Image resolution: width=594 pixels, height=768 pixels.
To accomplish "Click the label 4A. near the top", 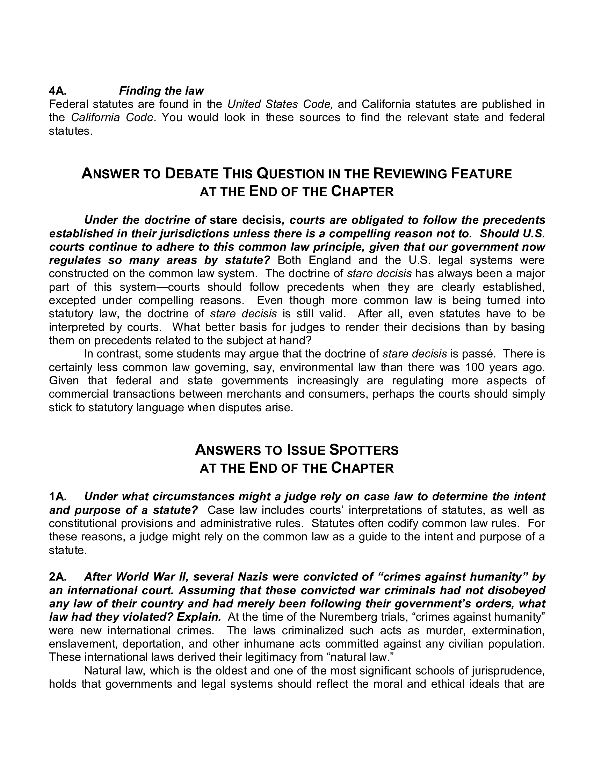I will tap(58, 91).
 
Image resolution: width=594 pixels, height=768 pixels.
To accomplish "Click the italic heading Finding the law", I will tap(161, 91).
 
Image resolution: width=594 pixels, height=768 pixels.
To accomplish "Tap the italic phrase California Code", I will tap(112, 117).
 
